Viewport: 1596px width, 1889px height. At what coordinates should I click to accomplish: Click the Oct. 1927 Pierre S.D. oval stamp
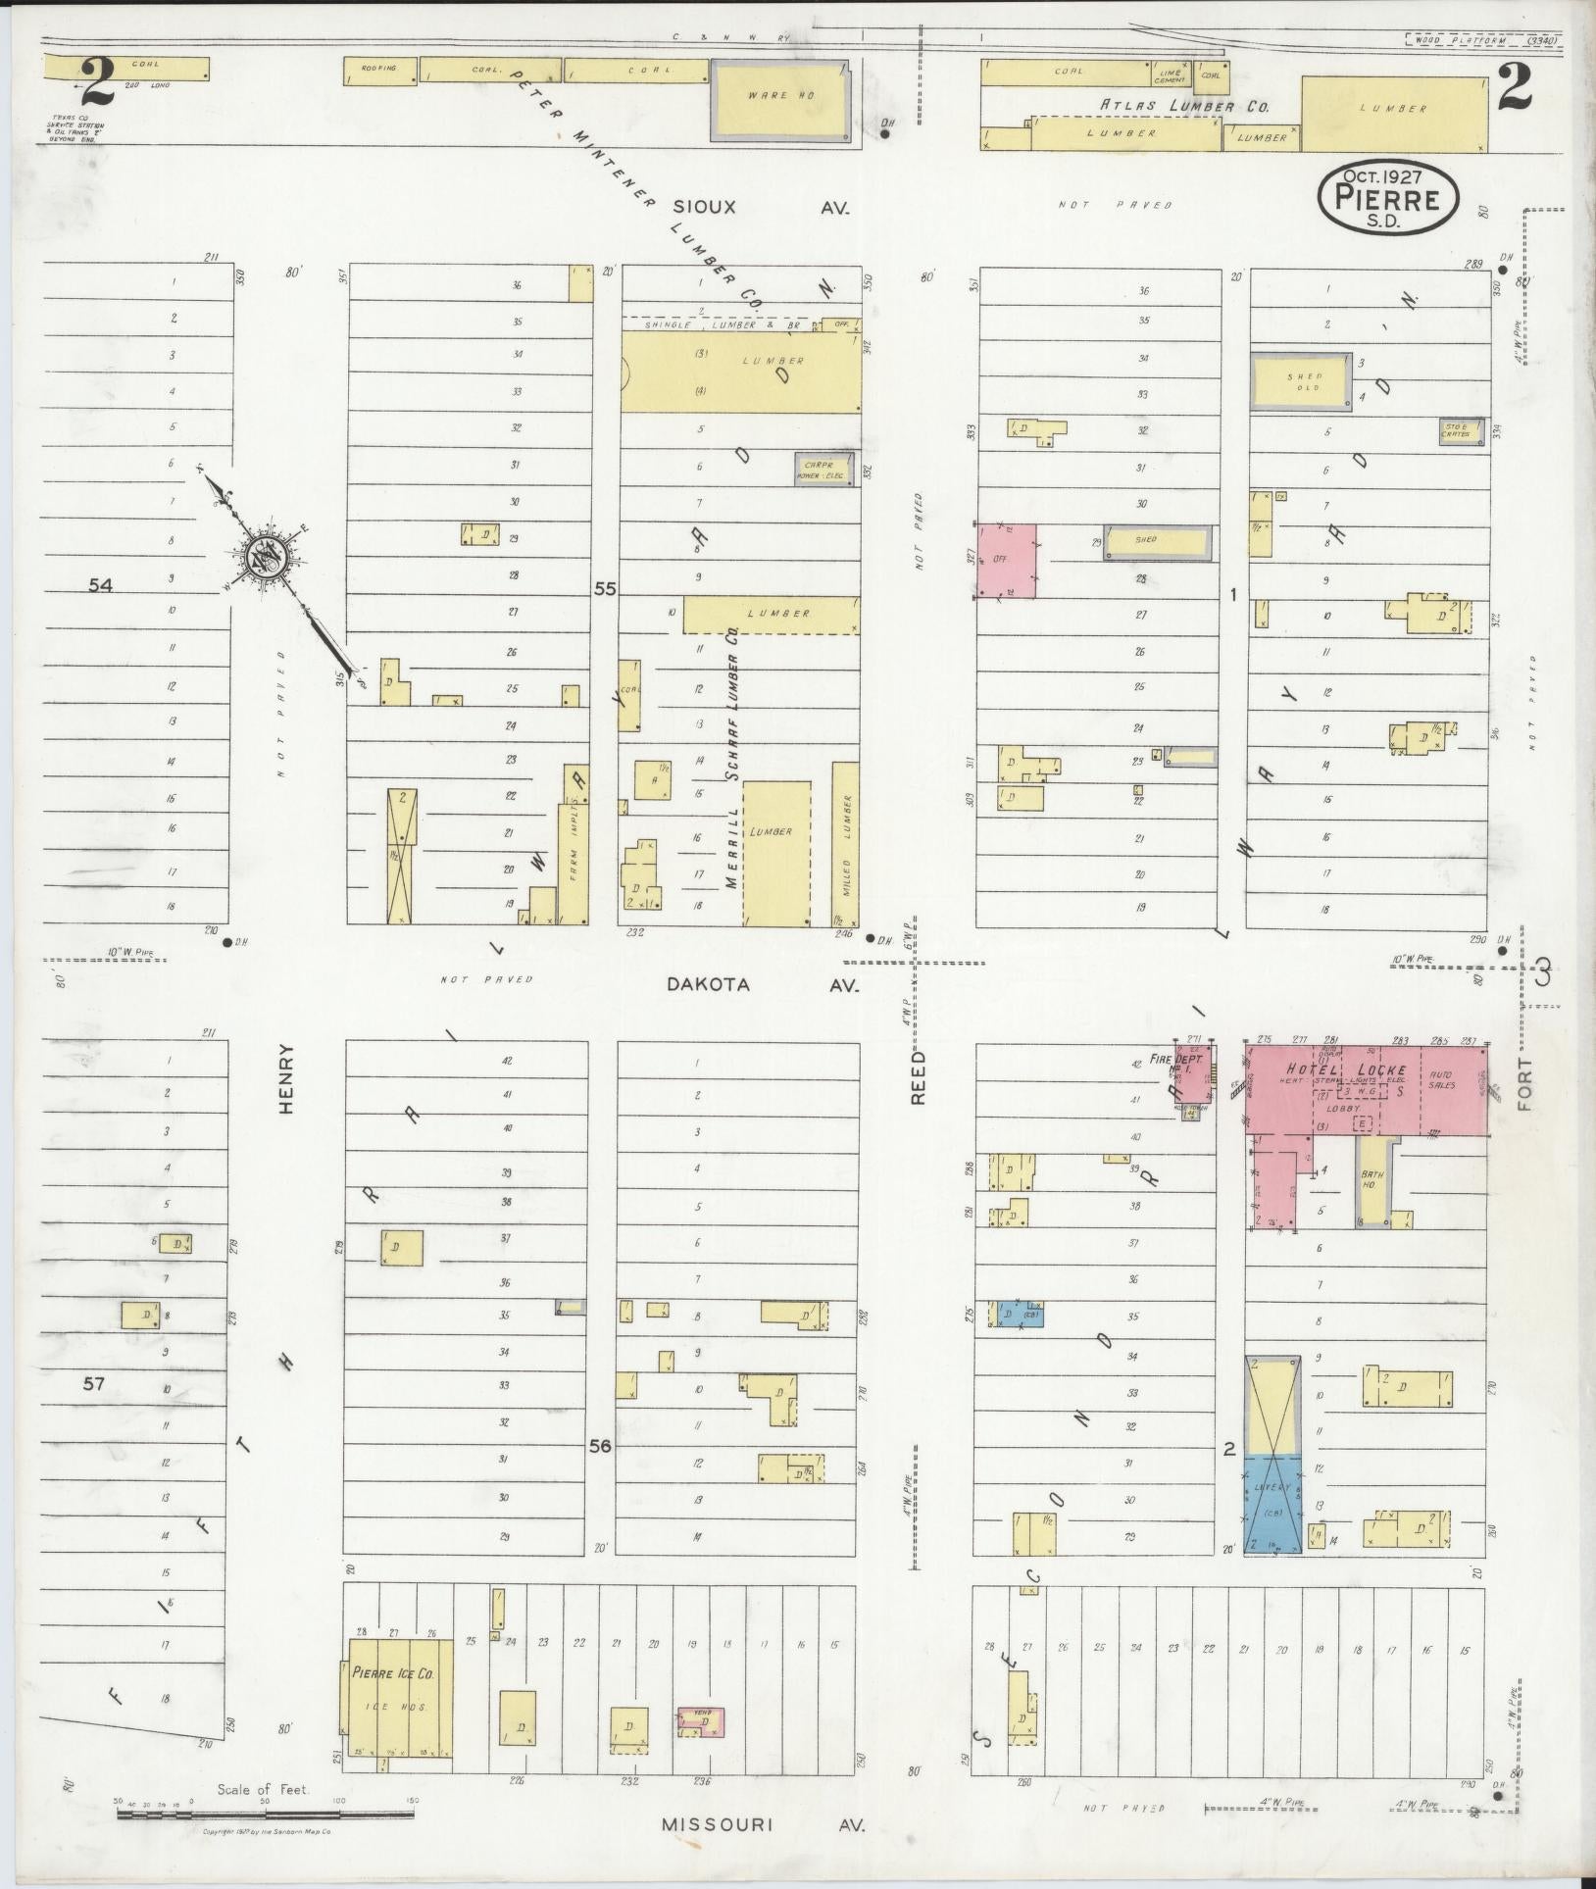tap(1386, 199)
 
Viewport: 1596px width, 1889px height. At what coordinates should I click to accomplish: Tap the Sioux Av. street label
tap(760, 208)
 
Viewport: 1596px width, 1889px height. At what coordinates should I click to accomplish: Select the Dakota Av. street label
tap(762, 985)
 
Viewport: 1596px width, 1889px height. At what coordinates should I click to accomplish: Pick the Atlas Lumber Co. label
tap(1184, 106)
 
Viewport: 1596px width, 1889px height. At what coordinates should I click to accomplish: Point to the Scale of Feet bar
tap(265, 1814)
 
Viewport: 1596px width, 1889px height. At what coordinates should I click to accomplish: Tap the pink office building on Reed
tap(1007, 561)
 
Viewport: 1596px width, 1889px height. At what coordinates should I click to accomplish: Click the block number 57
tap(93, 1384)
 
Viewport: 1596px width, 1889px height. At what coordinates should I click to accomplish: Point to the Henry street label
tap(286, 1077)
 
